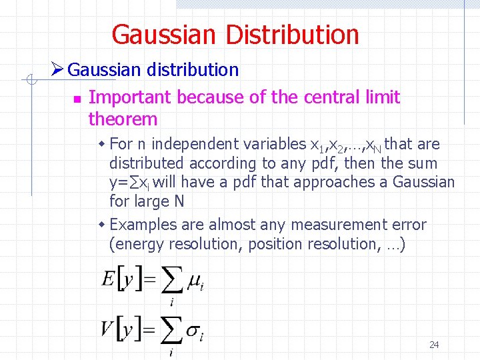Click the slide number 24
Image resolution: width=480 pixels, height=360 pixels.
[x=434, y=345]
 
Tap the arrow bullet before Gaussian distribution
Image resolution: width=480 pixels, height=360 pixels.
[x=57, y=69]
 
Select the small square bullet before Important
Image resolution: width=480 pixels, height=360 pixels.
[x=77, y=99]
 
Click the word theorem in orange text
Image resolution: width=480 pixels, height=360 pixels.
[x=123, y=119]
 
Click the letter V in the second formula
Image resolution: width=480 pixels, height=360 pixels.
[x=107, y=328]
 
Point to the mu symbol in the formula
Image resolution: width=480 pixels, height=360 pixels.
[x=194, y=281]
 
